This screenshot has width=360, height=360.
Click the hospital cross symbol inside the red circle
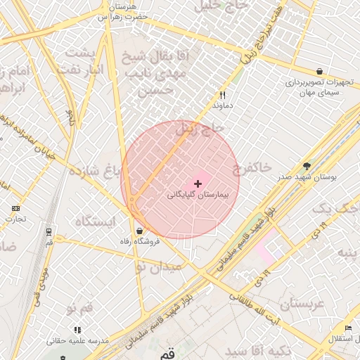197,183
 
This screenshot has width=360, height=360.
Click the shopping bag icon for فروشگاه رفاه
139,231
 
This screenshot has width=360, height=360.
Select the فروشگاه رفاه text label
139,242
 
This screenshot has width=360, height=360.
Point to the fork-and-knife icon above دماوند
222,94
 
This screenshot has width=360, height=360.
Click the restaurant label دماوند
222,105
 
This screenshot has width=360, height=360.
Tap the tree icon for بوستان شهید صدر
307,166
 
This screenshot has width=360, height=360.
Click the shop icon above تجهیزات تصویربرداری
320,72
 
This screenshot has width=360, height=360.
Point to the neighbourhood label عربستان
301,303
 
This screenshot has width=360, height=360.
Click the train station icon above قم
49,231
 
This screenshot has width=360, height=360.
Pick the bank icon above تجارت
16,208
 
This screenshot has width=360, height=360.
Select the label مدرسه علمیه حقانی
78,340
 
